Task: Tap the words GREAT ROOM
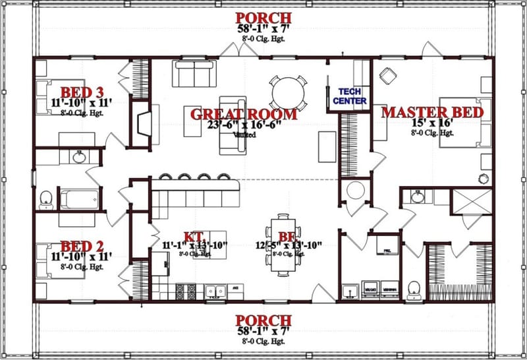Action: click(x=243, y=113)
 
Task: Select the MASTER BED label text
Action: click(x=433, y=111)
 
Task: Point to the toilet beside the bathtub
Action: click(x=46, y=198)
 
